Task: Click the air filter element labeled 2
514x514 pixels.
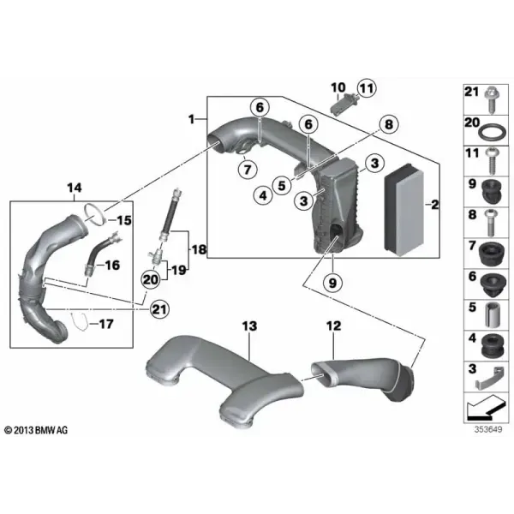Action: (x=403, y=211)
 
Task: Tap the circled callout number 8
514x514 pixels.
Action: (x=388, y=124)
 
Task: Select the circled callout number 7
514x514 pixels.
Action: (x=248, y=170)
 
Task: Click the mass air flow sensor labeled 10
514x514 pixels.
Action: (x=342, y=104)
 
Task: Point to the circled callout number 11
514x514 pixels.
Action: (x=367, y=88)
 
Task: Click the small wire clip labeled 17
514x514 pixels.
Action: (x=80, y=321)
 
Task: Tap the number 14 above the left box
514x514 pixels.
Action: (x=75, y=188)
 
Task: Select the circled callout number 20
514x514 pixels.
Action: (x=151, y=279)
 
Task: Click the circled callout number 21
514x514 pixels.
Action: (x=159, y=309)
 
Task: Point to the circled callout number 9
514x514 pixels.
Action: (x=332, y=282)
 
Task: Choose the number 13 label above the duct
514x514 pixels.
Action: (x=250, y=326)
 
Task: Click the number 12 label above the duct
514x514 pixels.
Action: (x=334, y=326)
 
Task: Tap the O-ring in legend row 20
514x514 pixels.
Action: (x=490, y=134)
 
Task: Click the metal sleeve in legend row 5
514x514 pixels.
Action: (x=492, y=314)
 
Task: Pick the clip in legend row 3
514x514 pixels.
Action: (x=489, y=379)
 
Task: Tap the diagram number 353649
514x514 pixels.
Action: (x=488, y=429)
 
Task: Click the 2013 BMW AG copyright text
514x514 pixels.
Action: (x=36, y=430)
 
